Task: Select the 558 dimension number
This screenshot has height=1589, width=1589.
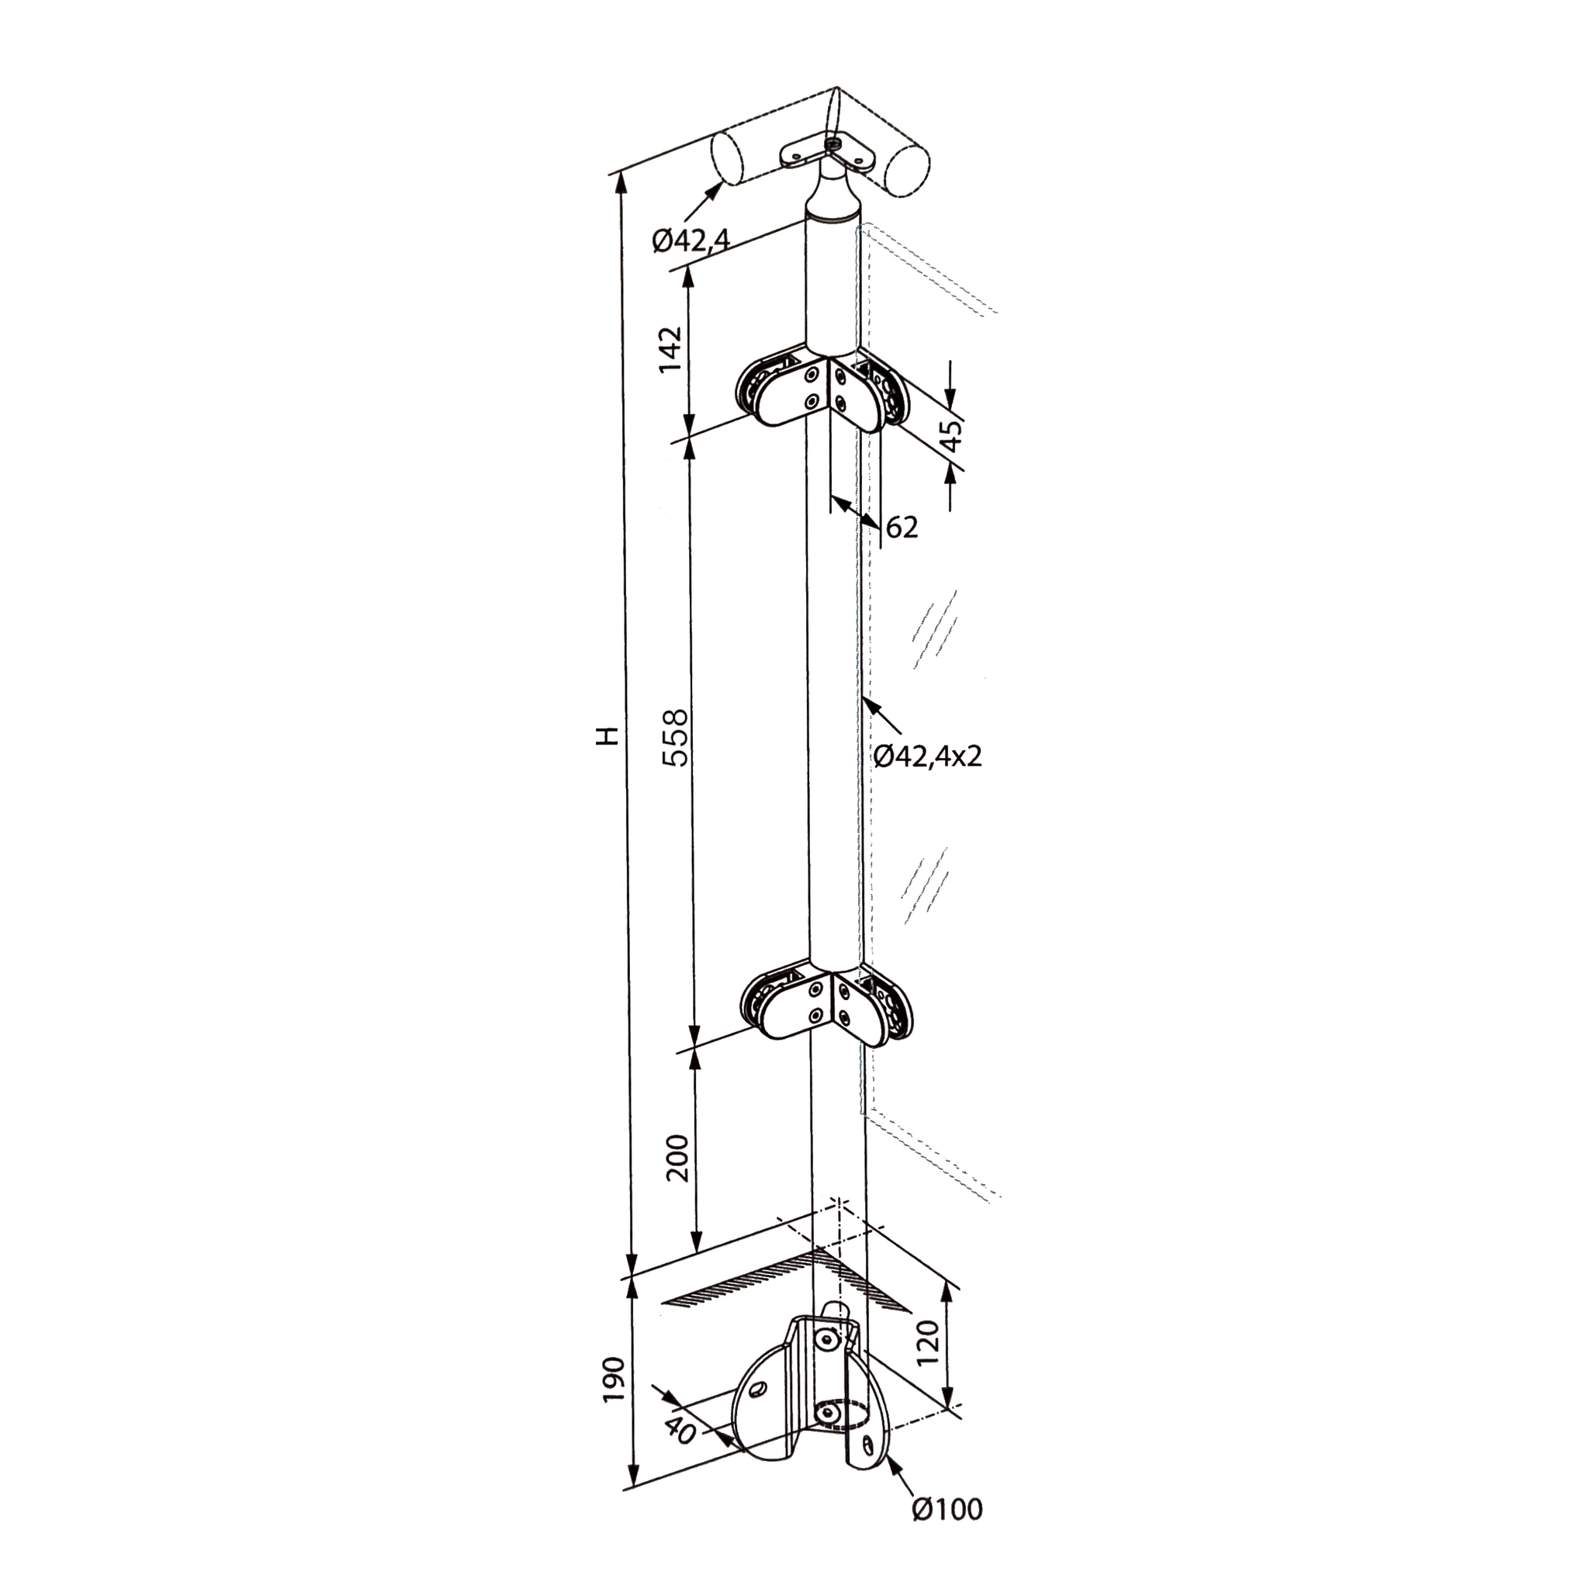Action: [675, 738]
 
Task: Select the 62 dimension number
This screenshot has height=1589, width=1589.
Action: [902, 527]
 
